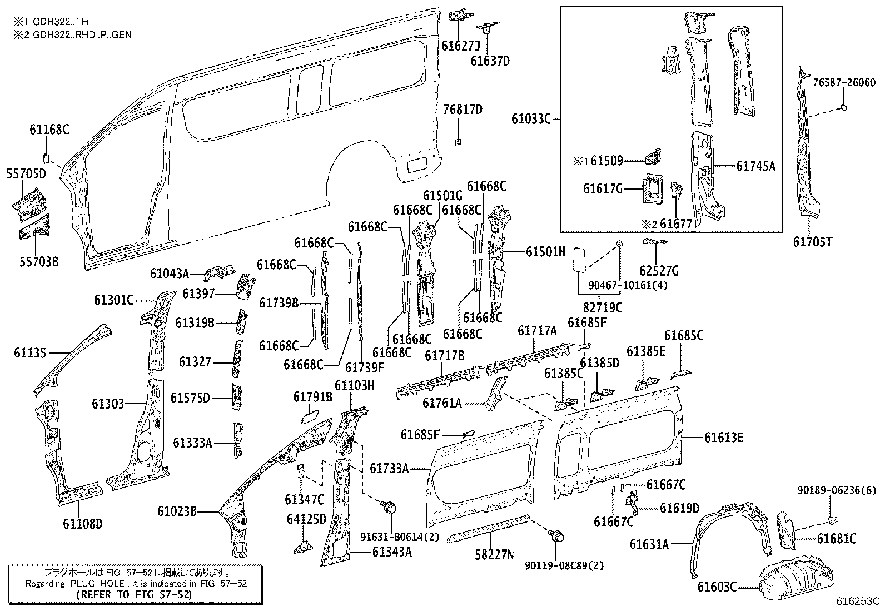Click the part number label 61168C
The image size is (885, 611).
click(49, 130)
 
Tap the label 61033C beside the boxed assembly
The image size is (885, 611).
click(531, 118)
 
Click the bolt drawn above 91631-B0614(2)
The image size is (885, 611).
click(390, 507)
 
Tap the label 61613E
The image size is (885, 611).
click(724, 438)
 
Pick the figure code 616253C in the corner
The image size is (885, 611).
click(859, 601)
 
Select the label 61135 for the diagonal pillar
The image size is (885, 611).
click(31, 352)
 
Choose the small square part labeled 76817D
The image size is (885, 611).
click(458, 142)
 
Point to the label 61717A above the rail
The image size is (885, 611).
click(536, 331)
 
